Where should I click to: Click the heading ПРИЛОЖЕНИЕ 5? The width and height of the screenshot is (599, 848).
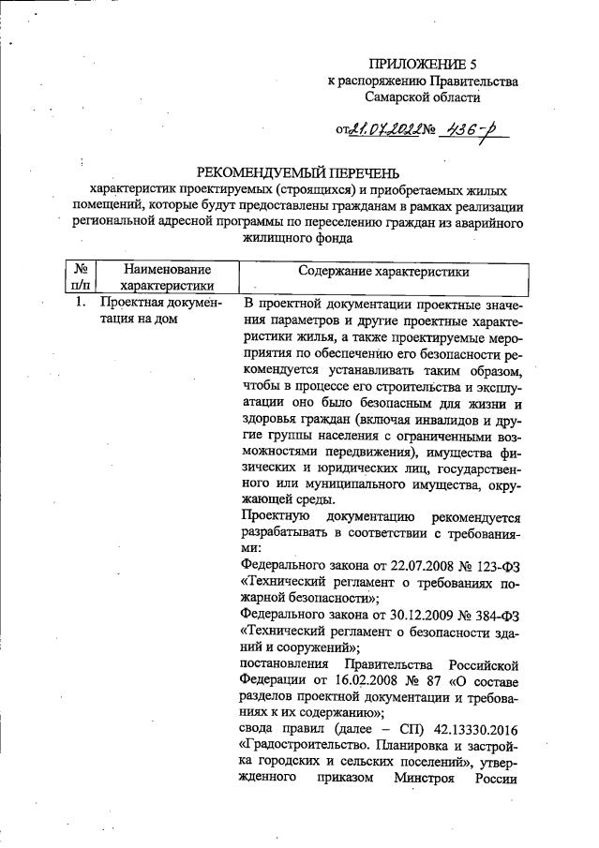tap(422, 65)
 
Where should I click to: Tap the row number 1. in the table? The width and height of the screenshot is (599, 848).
tap(80, 304)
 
